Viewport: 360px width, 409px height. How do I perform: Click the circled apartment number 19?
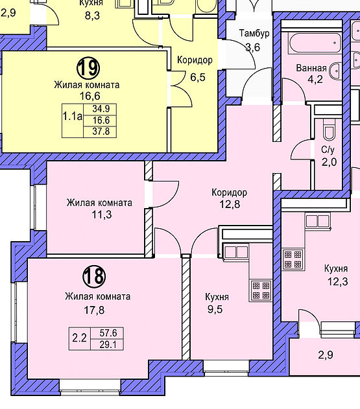point(88,68)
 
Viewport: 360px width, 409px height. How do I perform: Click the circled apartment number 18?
point(94,277)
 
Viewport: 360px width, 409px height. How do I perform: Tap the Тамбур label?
point(254,34)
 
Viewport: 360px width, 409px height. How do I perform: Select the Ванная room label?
point(311,68)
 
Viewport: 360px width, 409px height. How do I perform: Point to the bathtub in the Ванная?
point(315,43)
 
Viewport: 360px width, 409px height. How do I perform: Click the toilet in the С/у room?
point(328,130)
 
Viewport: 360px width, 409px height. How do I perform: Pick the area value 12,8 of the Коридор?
point(230,204)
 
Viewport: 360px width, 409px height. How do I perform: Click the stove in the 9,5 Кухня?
point(261,290)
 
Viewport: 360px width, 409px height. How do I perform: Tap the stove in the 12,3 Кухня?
point(293,259)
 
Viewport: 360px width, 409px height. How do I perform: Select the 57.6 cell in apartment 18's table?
point(107,333)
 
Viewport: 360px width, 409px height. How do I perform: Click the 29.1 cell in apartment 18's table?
point(107,345)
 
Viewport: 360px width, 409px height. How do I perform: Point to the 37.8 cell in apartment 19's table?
point(100,132)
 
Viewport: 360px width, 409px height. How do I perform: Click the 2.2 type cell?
point(80,338)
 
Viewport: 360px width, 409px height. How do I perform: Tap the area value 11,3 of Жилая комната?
point(102,215)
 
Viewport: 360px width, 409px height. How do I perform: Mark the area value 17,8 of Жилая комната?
point(94,310)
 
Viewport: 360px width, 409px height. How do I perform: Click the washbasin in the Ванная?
point(336,71)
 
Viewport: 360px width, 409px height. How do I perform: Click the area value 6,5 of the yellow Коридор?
point(198,77)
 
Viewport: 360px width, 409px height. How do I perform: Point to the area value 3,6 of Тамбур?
point(253,47)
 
